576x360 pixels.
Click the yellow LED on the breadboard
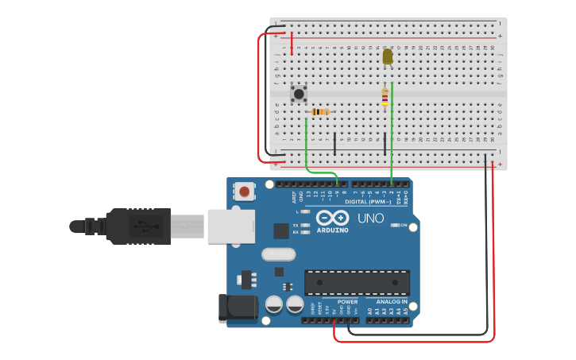pos(388,56)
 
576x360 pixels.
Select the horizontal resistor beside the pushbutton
pos(320,112)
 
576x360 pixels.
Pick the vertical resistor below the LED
pos(385,97)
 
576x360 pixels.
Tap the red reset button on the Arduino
pos(245,192)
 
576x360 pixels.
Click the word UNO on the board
pos(370,218)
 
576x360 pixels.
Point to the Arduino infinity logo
pos(332,217)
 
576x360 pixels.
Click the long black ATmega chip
pos(358,282)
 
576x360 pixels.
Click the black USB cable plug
pos(139,226)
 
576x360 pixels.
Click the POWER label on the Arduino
pos(347,302)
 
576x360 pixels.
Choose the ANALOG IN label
pos(392,302)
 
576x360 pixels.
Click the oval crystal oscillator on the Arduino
pos(277,255)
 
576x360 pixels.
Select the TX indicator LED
pos(304,225)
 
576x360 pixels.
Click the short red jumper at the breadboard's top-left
pos(292,44)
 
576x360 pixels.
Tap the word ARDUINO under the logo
pos(332,230)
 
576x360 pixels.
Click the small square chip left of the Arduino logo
pos(281,230)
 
